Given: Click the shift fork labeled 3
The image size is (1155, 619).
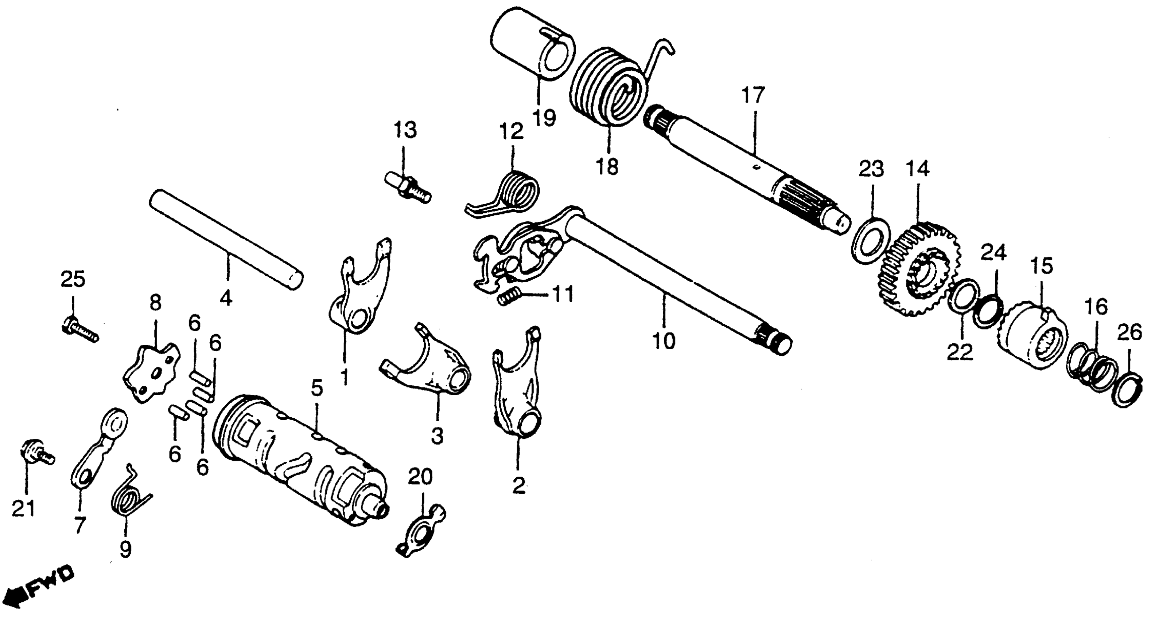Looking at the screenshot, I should (x=431, y=367).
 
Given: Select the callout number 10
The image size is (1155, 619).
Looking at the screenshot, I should (x=664, y=342).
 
